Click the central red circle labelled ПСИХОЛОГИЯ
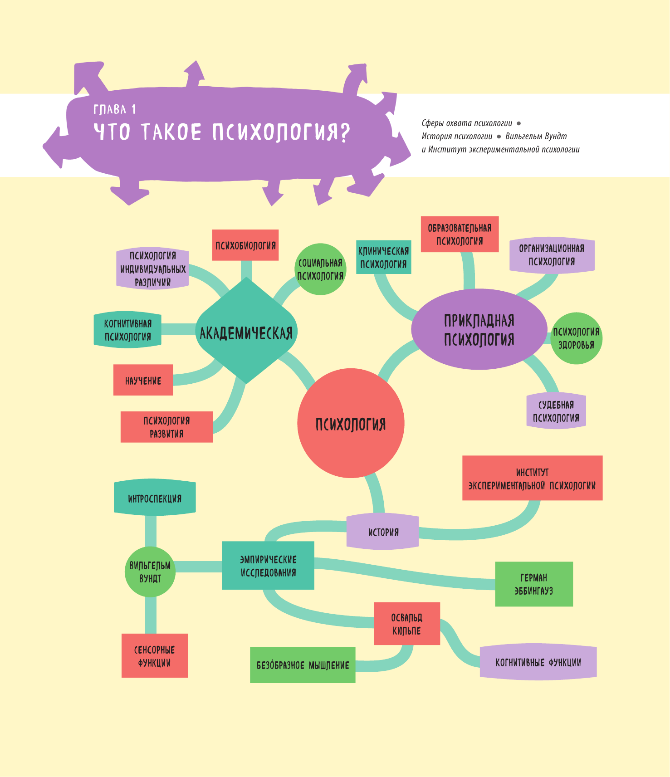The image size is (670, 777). (351, 423)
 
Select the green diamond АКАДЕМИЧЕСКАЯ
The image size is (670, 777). (246, 332)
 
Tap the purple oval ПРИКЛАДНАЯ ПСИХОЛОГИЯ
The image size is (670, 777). (479, 330)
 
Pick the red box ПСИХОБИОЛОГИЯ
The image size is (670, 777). (245, 245)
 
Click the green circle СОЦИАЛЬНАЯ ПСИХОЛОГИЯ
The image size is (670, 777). (320, 269)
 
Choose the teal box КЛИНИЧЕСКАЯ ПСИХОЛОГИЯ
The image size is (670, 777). (384, 257)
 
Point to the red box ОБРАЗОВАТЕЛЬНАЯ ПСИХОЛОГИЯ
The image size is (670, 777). (460, 235)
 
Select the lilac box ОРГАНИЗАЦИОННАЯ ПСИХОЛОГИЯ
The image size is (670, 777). (552, 255)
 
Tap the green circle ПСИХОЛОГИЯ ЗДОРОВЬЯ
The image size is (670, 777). (576, 338)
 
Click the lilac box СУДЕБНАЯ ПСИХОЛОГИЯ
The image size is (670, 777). (556, 411)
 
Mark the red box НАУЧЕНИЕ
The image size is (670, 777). (143, 380)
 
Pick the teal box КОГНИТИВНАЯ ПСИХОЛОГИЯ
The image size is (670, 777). (127, 330)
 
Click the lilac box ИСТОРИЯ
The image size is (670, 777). (383, 532)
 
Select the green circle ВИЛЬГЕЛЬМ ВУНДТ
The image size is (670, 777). (150, 572)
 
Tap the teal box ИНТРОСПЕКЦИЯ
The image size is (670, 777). (155, 498)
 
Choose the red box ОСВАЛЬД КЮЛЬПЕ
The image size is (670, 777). (407, 624)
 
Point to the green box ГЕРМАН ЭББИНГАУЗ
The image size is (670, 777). (534, 584)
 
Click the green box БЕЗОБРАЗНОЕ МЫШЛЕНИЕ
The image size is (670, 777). (303, 665)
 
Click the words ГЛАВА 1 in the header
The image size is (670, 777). (114, 109)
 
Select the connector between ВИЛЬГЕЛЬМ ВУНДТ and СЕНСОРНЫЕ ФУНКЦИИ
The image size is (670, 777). (151, 615)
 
